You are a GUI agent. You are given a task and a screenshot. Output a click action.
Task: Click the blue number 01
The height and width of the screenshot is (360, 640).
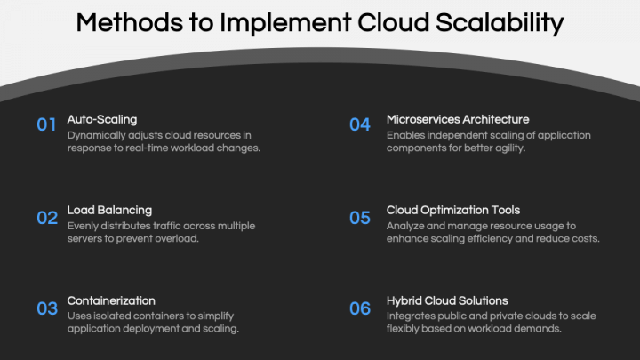[x=46, y=125]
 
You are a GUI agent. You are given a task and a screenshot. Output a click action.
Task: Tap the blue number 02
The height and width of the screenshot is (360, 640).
[x=46, y=218]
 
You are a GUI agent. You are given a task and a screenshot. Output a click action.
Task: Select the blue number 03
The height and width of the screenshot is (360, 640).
[x=46, y=308]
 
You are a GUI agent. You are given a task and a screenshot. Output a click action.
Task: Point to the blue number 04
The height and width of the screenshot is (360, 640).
[x=359, y=125]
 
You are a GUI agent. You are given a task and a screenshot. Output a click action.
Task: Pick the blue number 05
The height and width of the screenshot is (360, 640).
[x=359, y=218]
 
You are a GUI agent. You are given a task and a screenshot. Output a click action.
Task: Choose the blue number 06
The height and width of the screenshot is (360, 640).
[x=359, y=308]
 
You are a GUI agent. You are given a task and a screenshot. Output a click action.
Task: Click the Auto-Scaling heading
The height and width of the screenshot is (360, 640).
[x=102, y=119]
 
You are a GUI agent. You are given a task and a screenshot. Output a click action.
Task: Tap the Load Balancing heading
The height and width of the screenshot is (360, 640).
[x=109, y=211]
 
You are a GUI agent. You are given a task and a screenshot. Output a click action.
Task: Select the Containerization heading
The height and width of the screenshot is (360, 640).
[x=111, y=300]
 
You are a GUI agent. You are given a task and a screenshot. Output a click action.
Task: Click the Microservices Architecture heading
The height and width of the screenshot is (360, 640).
[x=458, y=119]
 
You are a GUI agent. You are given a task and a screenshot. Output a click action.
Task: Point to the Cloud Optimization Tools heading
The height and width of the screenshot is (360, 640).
[x=453, y=211]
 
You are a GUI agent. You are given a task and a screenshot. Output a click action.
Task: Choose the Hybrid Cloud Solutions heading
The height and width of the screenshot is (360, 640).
[x=447, y=300]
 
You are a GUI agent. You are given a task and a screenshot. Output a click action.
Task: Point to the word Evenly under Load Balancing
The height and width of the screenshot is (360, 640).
[x=84, y=226]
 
